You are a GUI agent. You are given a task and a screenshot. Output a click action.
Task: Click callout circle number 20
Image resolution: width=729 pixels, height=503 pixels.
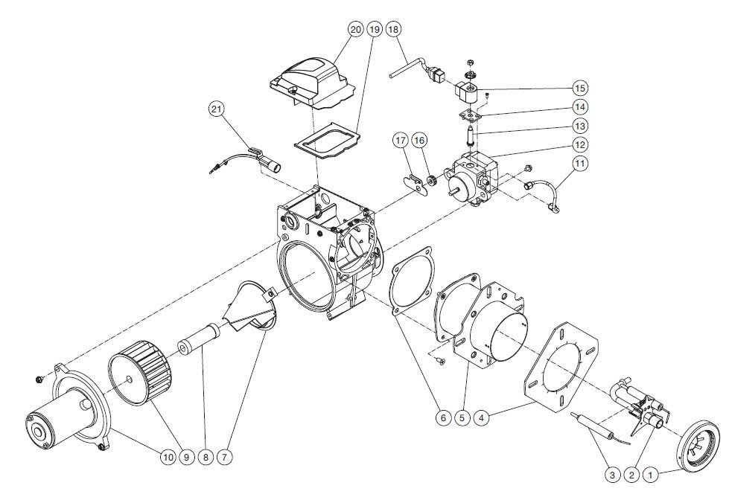[355, 29]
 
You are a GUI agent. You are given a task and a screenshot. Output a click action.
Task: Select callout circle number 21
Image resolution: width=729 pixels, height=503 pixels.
[216, 109]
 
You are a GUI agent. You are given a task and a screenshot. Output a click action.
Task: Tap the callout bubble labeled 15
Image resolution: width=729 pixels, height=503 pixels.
[580, 88]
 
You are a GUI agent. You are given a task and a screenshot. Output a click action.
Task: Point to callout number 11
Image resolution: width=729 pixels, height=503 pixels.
[580, 163]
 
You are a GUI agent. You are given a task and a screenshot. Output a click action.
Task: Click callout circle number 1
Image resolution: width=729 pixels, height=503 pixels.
[650, 473]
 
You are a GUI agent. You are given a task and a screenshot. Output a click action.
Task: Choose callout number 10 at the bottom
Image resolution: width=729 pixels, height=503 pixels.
[168, 458]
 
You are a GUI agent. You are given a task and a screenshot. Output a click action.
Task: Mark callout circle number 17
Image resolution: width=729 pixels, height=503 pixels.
[401, 140]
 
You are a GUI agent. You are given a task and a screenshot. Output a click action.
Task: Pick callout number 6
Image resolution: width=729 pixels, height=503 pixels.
[442, 418]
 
